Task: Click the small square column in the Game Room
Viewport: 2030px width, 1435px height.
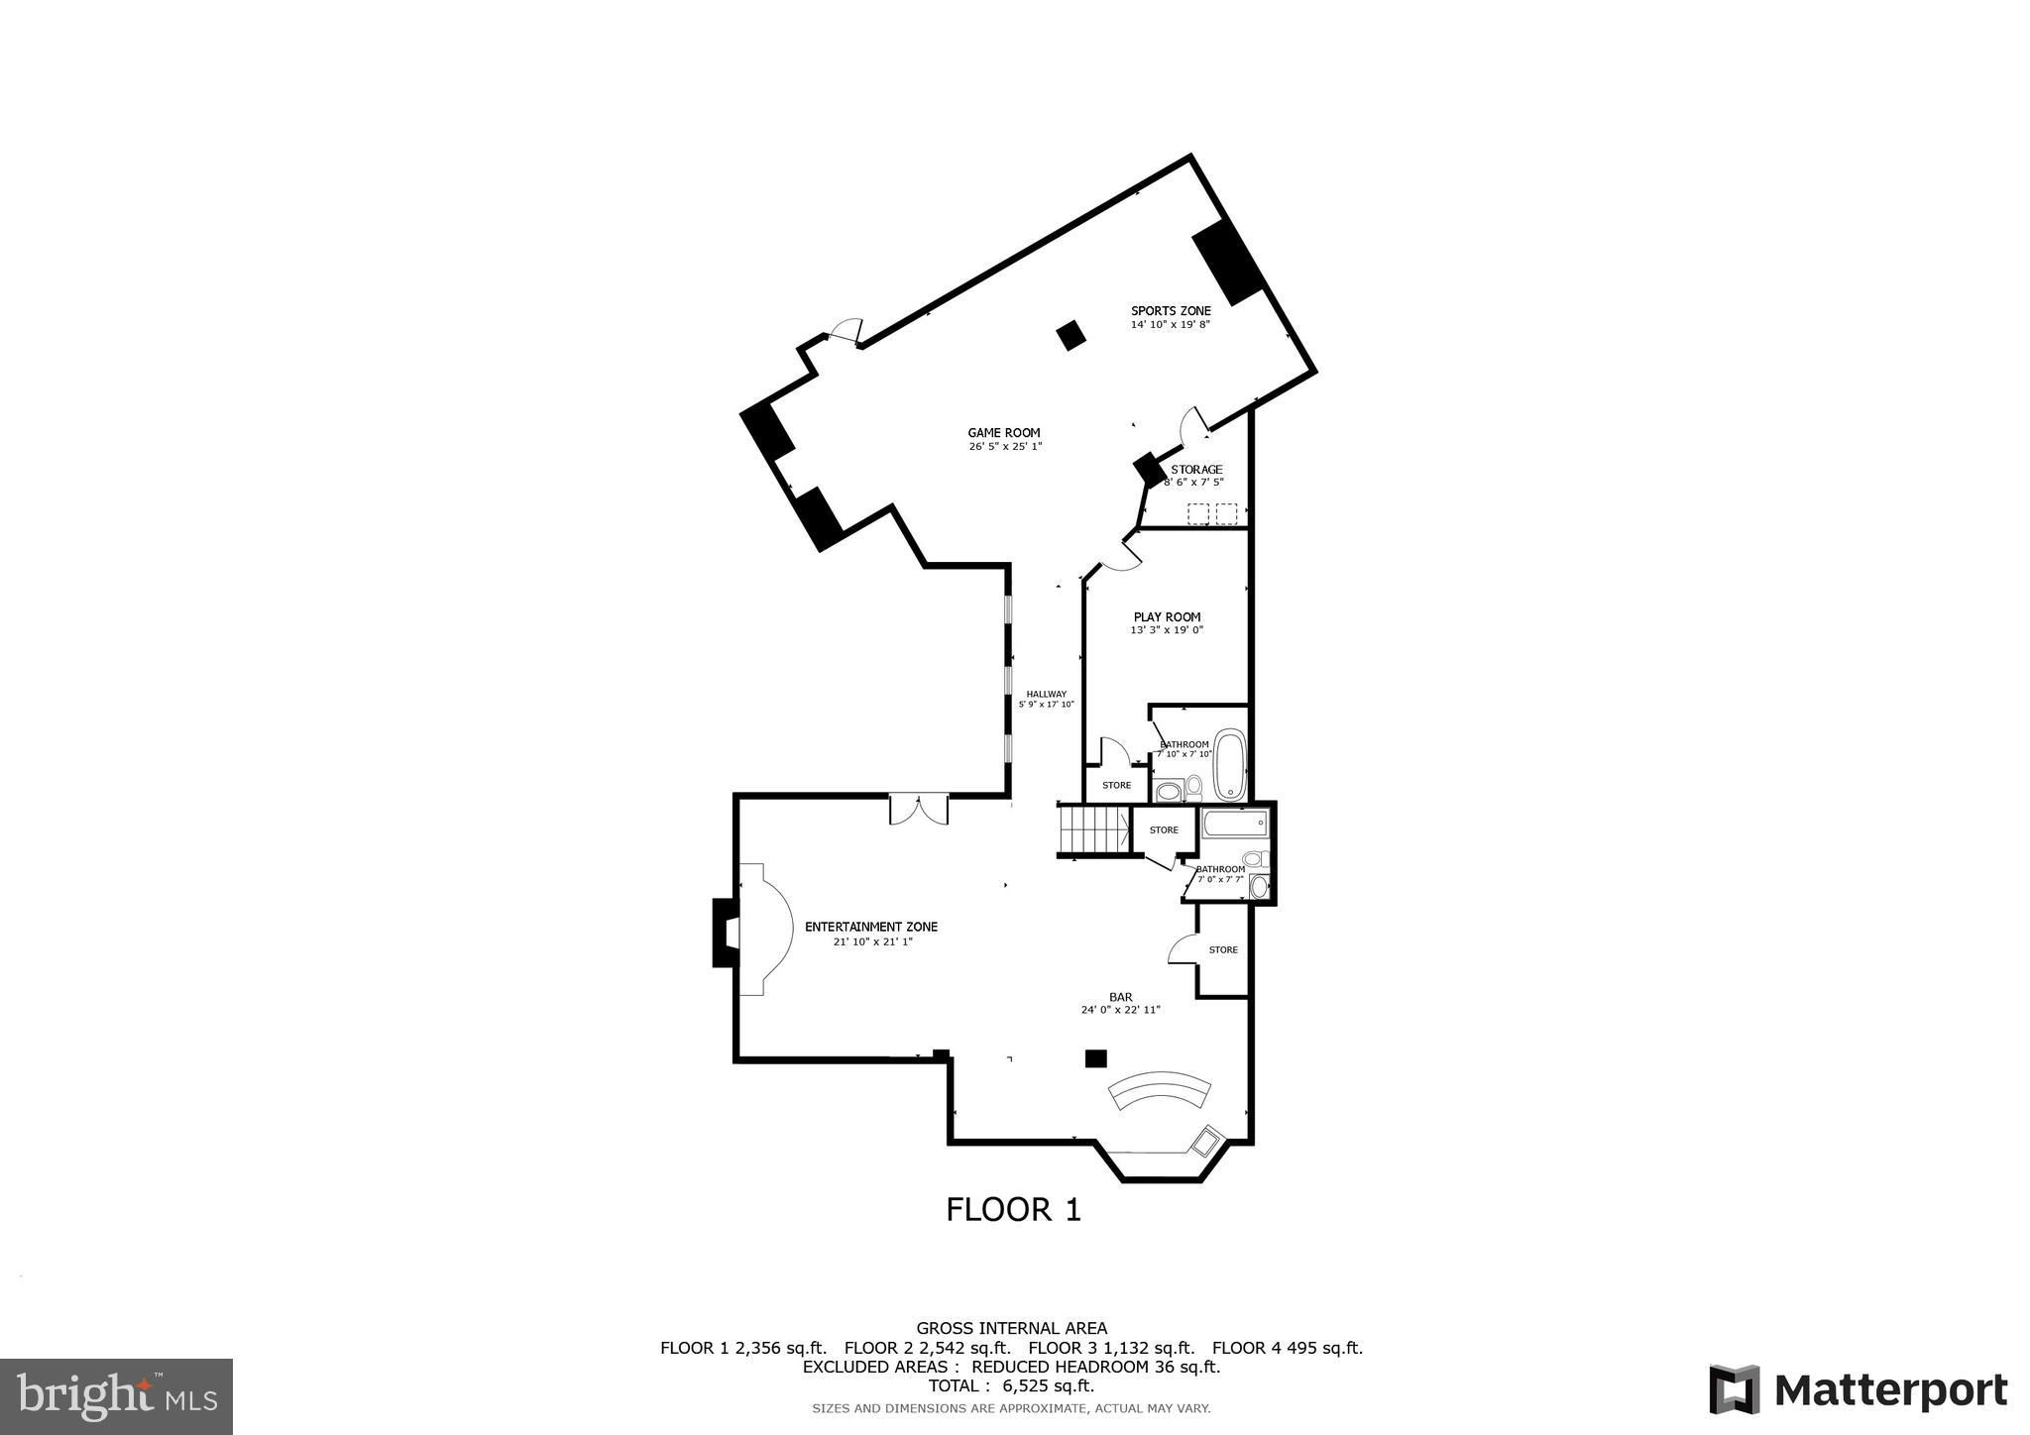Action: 1071,336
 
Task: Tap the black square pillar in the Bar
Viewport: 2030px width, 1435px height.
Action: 1095,1058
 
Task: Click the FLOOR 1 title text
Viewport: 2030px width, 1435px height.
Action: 1013,1209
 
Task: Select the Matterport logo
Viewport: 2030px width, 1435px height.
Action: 1859,1389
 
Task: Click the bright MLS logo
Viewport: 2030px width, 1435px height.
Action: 116,1395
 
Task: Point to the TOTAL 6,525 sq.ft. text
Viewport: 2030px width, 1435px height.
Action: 1011,1385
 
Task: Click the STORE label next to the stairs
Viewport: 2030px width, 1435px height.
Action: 1164,829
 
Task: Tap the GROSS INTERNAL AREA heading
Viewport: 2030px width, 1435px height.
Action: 1011,1328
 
